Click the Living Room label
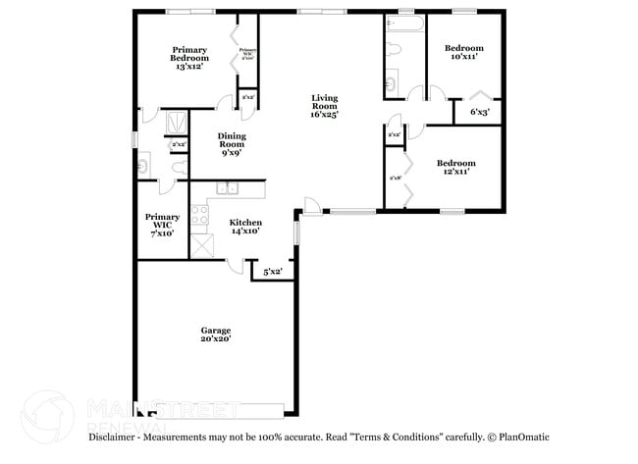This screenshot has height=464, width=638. [324, 107]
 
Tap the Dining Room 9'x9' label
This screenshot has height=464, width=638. [232, 144]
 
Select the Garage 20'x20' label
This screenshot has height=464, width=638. [215, 334]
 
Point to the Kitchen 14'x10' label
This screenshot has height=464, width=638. [244, 227]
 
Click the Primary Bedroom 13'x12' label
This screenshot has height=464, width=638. [189, 58]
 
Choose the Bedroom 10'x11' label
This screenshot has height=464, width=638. [463, 53]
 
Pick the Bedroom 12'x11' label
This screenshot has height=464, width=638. [455, 167]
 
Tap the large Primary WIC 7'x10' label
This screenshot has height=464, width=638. [162, 225]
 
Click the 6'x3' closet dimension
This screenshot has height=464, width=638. [480, 113]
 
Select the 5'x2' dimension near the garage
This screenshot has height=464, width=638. [272, 270]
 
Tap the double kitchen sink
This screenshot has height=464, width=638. [228, 189]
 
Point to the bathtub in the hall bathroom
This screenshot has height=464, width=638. [404, 22]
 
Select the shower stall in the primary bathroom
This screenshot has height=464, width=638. [178, 122]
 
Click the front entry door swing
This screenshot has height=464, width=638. [312, 207]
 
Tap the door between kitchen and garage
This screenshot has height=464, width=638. [237, 264]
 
